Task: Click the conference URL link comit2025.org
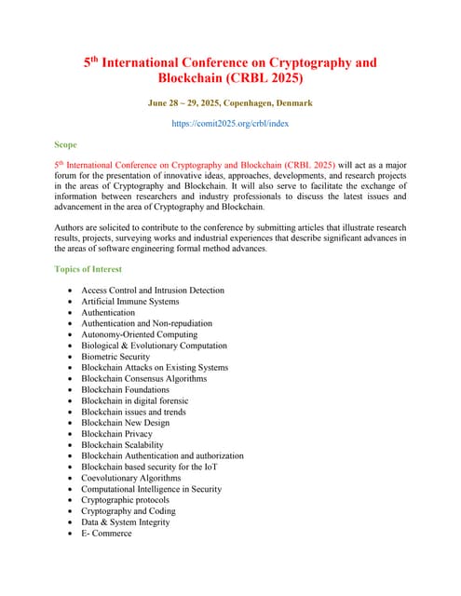[230, 122]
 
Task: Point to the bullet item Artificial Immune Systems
[129, 302]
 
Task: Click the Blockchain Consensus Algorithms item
[143, 379]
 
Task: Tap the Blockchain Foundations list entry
[125, 389]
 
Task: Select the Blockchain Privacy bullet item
[116, 434]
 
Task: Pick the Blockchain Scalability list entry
[122, 445]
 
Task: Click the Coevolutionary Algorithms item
[130, 478]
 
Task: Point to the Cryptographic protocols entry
[125, 500]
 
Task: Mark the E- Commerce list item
[106, 533]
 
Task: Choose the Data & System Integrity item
[125, 522]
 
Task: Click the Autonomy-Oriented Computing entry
[139, 334]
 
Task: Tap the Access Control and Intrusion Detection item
[153, 291]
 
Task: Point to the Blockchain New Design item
[125, 423]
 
